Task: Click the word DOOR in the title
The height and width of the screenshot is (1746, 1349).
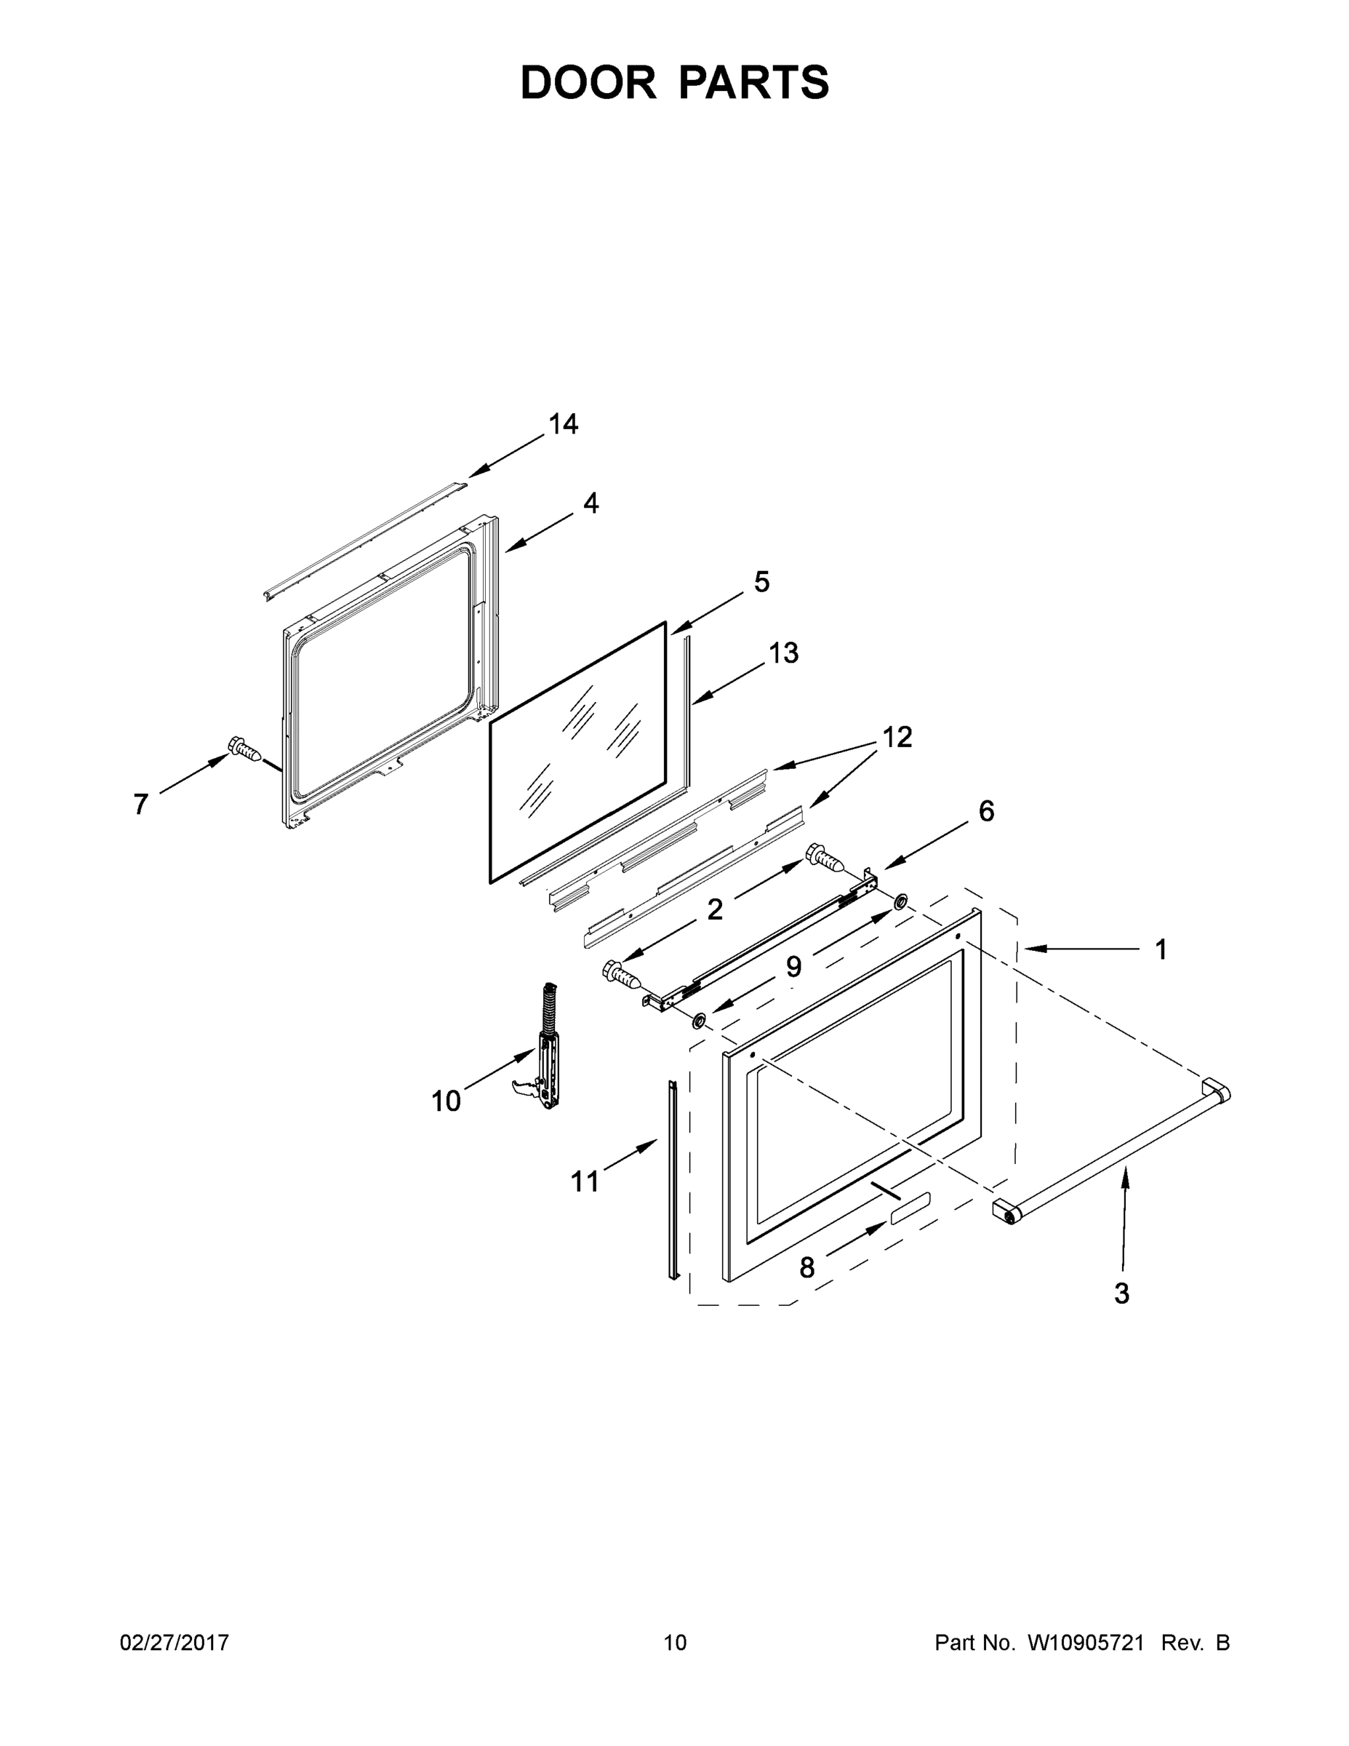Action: (588, 82)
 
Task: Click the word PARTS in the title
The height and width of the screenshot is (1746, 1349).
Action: (754, 82)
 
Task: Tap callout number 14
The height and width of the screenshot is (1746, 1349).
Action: (564, 423)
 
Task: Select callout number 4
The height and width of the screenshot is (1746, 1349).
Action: (591, 503)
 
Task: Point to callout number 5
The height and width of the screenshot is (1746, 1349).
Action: (761, 582)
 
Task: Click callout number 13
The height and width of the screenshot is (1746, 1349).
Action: (783, 653)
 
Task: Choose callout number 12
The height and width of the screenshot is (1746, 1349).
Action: (897, 737)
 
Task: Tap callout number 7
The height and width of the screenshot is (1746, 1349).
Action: (140, 804)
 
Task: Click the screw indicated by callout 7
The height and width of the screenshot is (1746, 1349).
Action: (244, 749)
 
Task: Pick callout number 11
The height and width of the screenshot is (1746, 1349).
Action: (585, 1181)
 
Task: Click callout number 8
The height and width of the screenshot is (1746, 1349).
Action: (807, 1267)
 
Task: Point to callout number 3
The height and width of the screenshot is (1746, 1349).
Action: (1122, 1293)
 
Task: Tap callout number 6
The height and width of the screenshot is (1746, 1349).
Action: (987, 811)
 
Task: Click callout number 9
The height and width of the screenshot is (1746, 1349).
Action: (793, 967)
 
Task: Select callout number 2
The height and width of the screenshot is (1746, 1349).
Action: (714, 909)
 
